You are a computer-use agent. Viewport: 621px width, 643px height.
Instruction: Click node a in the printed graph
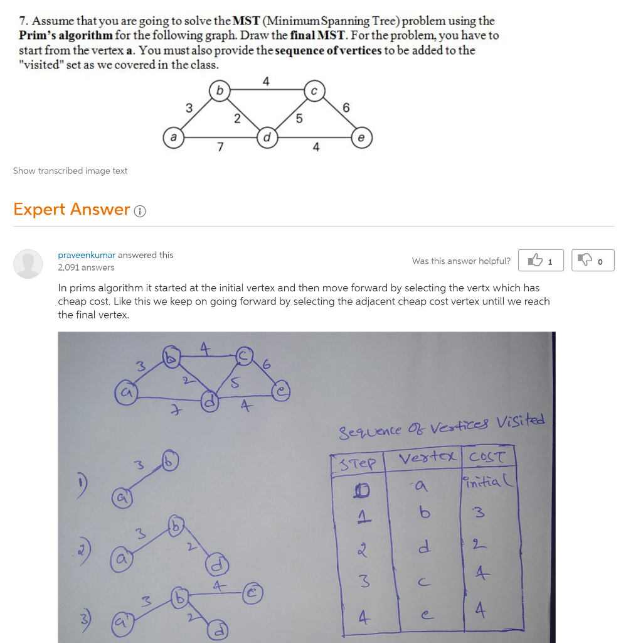point(172,136)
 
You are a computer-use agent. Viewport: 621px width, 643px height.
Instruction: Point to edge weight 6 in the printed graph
point(345,107)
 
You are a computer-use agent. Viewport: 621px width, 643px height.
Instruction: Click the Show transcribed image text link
point(70,171)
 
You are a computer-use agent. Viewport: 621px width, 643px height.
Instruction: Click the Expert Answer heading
point(72,209)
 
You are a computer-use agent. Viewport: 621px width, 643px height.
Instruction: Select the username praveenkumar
point(87,255)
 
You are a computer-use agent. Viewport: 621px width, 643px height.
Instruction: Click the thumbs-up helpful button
point(541,261)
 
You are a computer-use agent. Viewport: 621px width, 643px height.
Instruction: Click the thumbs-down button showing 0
point(592,261)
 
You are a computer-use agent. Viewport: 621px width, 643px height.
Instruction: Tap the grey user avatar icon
point(28,263)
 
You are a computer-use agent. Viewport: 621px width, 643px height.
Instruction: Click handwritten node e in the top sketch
point(280,391)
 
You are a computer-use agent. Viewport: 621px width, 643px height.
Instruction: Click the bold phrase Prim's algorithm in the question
point(66,35)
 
